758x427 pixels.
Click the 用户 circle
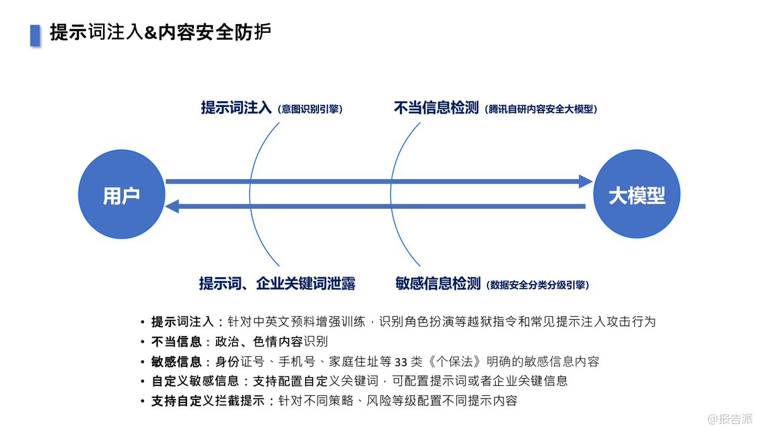[x=121, y=195]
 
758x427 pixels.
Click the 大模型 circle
[x=637, y=195]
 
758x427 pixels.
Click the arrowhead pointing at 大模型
[x=585, y=182]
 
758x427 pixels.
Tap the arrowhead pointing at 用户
[x=173, y=206]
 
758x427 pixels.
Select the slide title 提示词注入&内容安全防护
[x=160, y=33]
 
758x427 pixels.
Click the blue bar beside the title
[x=35, y=35]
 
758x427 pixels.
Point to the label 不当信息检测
[x=436, y=108]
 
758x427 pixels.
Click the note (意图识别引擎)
[x=310, y=109]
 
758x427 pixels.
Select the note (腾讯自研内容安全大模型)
[x=542, y=109]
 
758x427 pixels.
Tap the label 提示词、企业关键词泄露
[x=277, y=283]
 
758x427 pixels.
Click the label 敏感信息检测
[x=438, y=283]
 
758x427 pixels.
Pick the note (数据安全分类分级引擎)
[x=538, y=285]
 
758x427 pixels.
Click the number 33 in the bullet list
[x=401, y=362]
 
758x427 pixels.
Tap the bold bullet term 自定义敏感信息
[x=195, y=381]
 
